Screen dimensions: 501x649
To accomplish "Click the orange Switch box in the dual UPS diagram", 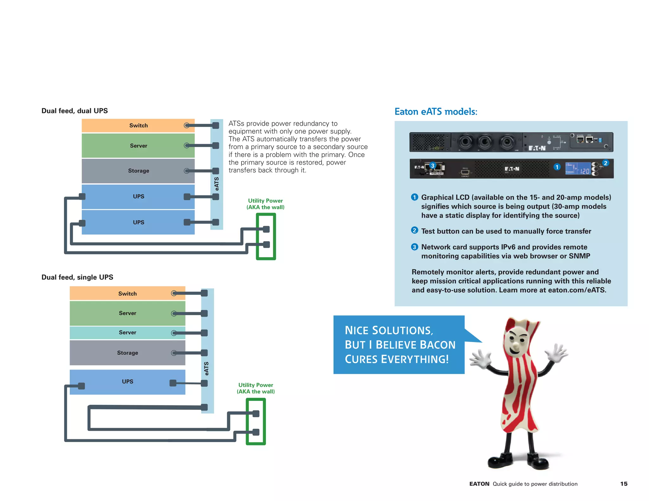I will coord(138,125).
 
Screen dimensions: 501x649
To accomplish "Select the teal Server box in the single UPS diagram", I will coord(127,333).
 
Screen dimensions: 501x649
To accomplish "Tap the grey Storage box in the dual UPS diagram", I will coord(138,171).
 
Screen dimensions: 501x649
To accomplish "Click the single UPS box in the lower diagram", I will coord(127,382).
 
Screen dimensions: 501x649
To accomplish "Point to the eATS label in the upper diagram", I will coord(217,184).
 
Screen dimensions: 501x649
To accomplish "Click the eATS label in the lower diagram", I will coord(207,368).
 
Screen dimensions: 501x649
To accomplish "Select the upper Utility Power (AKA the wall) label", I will coord(265,204).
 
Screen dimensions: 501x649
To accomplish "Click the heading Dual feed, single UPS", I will coord(77,277).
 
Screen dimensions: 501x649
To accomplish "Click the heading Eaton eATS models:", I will coord(436,111).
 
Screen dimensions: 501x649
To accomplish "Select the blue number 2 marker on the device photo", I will coord(605,163).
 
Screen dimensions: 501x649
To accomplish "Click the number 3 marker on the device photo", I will coord(433,166).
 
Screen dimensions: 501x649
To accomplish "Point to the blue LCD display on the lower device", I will coord(577,168).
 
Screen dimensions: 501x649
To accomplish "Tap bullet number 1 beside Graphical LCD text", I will coord(414,197).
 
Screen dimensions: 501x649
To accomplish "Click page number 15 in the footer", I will coord(624,484).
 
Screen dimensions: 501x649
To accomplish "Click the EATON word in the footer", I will coord(479,484).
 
